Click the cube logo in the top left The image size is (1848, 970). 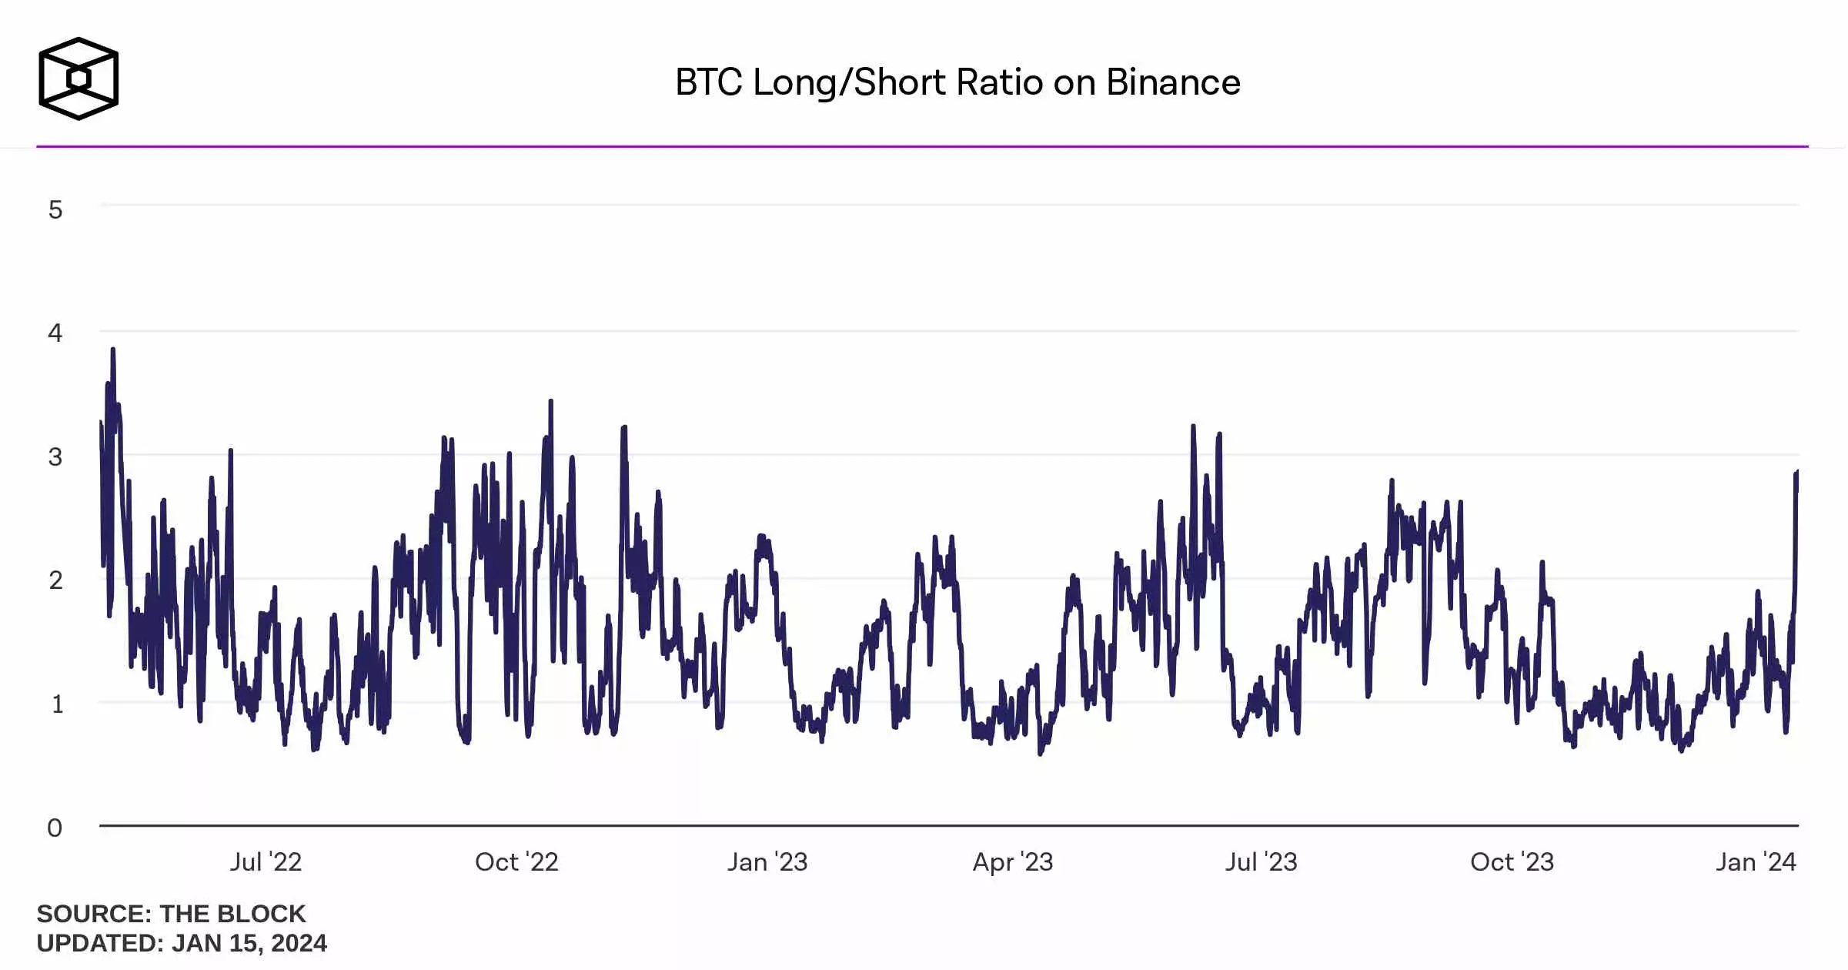pyautogui.click(x=79, y=79)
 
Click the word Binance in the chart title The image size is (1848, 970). pyautogui.click(x=1173, y=82)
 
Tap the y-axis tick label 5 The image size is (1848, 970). pyautogui.click(x=55, y=209)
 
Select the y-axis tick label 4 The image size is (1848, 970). pyautogui.click(x=55, y=333)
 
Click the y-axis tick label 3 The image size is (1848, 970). pyautogui.click(x=55, y=457)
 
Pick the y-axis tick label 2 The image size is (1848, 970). pyautogui.click(x=55, y=580)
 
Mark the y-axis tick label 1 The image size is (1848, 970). pyautogui.click(x=57, y=704)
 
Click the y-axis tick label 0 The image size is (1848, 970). pyautogui.click(x=55, y=828)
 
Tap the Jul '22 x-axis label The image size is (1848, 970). pyautogui.click(x=266, y=861)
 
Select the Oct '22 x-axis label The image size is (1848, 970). pyautogui.click(x=516, y=861)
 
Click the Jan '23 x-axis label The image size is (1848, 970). pyautogui.click(x=767, y=861)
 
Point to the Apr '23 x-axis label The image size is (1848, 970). pyautogui.click(x=1013, y=861)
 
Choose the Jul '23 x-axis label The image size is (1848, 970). pyautogui.click(x=1262, y=861)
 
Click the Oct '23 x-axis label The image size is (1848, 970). pyautogui.click(x=1512, y=861)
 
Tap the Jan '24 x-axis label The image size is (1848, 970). pyautogui.click(x=1756, y=861)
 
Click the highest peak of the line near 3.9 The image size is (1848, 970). pyautogui.click(x=113, y=350)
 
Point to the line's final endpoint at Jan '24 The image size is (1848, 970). pyautogui.click(x=1797, y=472)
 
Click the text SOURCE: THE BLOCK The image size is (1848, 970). pyautogui.click(x=171, y=914)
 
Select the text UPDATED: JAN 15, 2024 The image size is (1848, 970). pyautogui.click(x=182, y=943)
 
